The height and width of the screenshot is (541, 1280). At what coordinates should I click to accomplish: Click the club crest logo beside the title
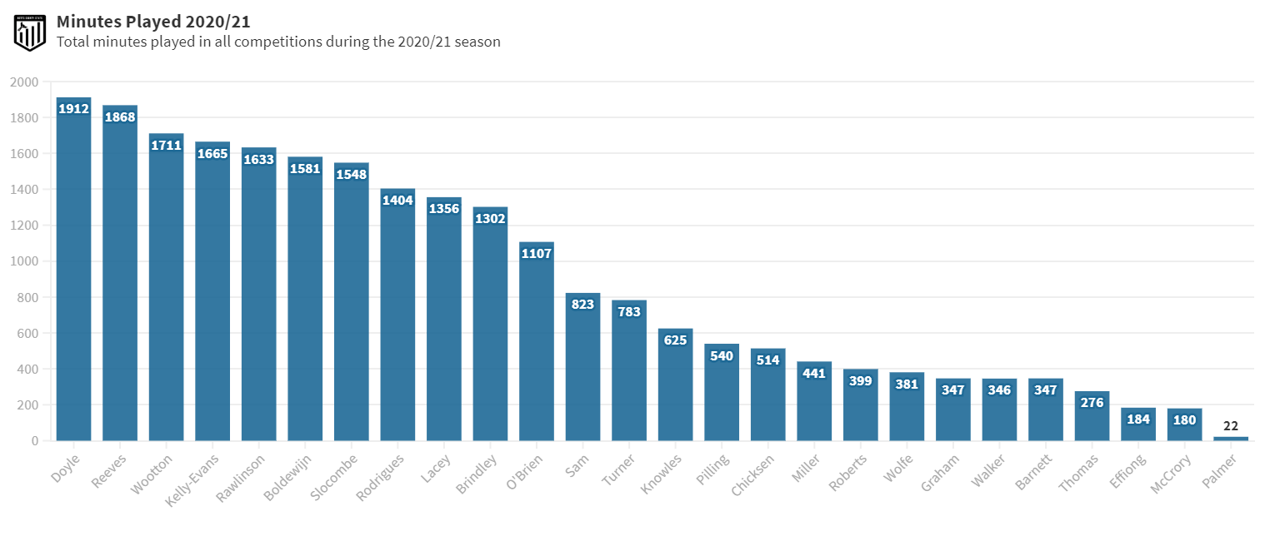click(30, 32)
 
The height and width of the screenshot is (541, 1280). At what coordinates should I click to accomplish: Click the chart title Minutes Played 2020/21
click(153, 22)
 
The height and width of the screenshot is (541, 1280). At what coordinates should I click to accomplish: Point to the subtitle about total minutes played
click(278, 42)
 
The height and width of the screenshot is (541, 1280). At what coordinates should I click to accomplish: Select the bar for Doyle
click(73, 275)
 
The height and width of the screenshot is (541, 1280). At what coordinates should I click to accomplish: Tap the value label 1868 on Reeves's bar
click(120, 117)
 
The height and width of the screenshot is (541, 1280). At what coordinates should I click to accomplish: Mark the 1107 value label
click(537, 253)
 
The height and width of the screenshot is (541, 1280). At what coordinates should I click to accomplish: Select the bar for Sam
click(582, 370)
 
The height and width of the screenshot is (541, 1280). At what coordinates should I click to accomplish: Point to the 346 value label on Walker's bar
click(999, 390)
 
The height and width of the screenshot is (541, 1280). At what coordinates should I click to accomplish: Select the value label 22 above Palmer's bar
click(1231, 426)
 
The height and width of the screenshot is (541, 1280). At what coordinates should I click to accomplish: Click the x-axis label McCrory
click(1167, 474)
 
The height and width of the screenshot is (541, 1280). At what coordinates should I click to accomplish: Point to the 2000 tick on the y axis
click(24, 82)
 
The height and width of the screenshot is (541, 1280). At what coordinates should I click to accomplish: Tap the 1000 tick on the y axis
click(24, 261)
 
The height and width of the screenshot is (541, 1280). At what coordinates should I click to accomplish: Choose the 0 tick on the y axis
click(35, 440)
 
